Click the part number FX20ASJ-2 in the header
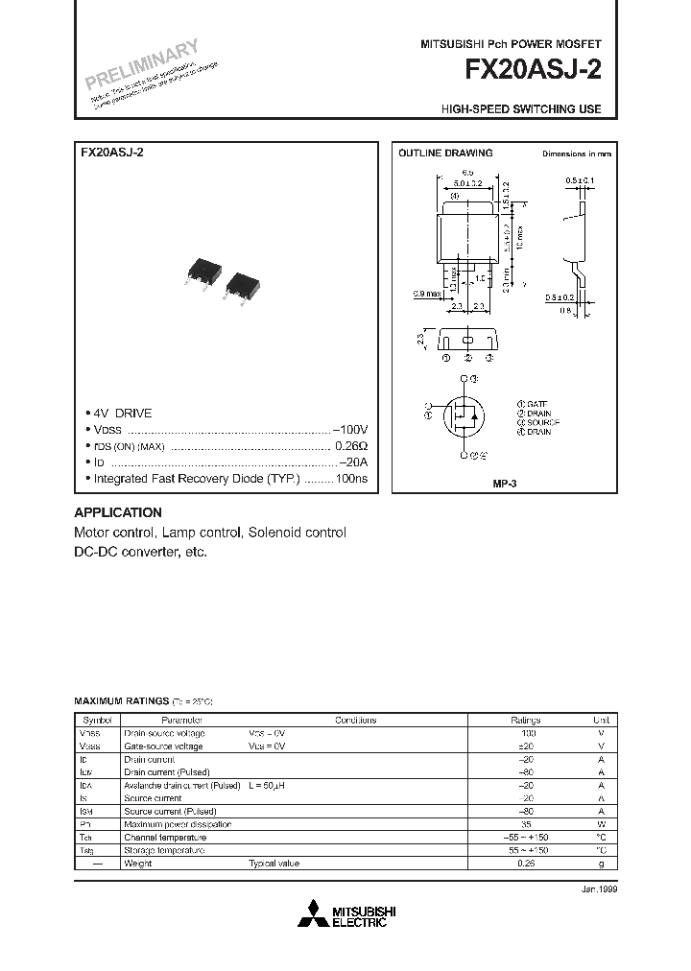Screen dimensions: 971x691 tap(534, 71)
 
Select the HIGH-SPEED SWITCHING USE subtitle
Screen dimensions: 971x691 tap(521, 109)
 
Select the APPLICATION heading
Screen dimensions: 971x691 tap(118, 512)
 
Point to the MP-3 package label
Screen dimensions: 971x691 tap(505, 485)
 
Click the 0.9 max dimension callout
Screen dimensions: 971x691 tap(425, 293)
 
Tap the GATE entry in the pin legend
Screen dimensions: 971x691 tap(533, 404)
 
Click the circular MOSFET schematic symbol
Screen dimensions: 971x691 tap(465, 415)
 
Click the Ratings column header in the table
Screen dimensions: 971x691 tap(525, 720)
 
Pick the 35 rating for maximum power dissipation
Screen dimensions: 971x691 tap(525, 824)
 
